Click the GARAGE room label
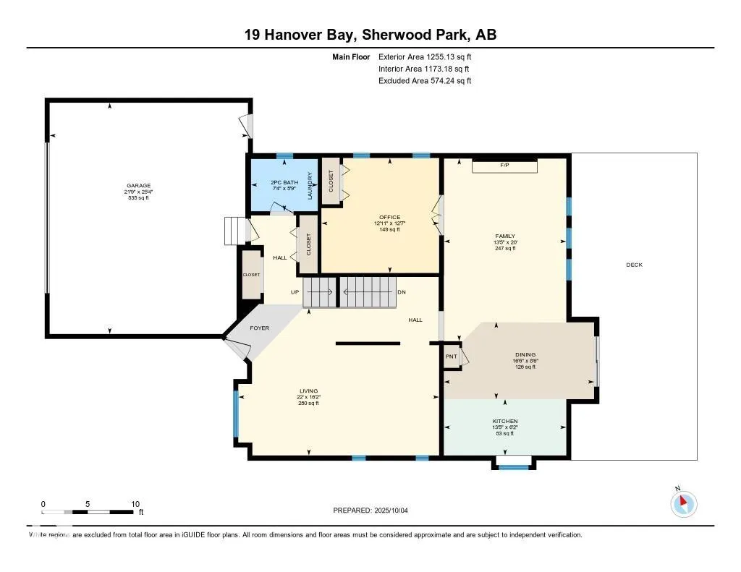[139, 186]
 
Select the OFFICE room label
[389, 218]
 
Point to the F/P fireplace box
[504, 166]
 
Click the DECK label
[634, 265]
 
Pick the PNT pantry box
[452, 357]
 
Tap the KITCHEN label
[505, 421]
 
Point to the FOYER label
[259, 328]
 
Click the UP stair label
[295, 292]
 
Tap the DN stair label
[402, 292]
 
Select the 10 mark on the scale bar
[135, 504]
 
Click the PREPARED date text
[375, 511]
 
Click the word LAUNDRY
[310, 186]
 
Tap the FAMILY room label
[504, 236]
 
